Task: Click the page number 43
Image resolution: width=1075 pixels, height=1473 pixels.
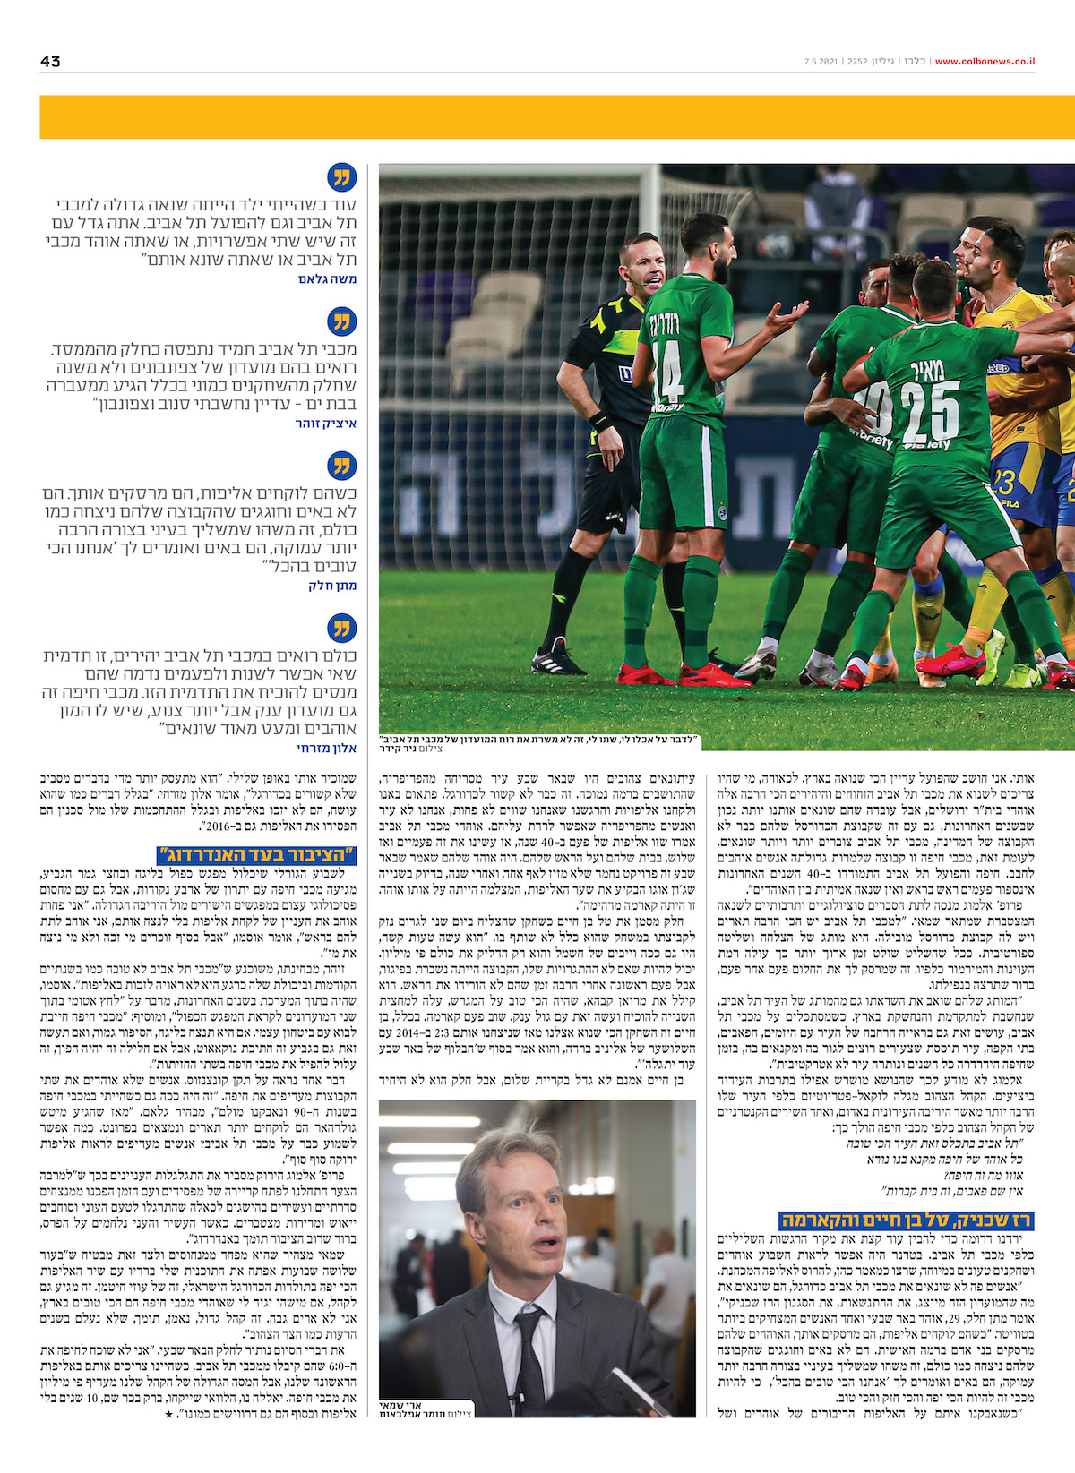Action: (x=50, y=62)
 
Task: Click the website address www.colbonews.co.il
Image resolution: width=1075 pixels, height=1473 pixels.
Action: (x=985, y=62)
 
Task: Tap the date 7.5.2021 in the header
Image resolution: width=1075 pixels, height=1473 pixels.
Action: (x=821, y=62)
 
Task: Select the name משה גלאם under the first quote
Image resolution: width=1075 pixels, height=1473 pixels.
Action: (x=328, y=279)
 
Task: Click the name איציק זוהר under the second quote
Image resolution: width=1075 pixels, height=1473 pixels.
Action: (x=326, y=424)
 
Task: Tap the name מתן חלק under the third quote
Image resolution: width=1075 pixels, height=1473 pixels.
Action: (x=333, y=586)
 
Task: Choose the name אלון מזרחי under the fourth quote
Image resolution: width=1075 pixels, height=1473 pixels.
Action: (x=327, y=748)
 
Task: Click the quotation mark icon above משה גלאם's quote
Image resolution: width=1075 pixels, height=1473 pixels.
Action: (x=342, y=177)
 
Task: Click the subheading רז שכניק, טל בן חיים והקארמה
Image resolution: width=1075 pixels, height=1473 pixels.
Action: (x=907, y=1220)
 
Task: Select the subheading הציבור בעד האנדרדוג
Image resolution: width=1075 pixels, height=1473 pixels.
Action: (x=256, y=854)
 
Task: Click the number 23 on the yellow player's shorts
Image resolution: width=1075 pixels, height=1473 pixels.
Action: (x=1005, y=482)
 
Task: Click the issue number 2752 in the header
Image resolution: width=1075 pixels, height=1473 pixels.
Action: (x=857, y=62)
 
